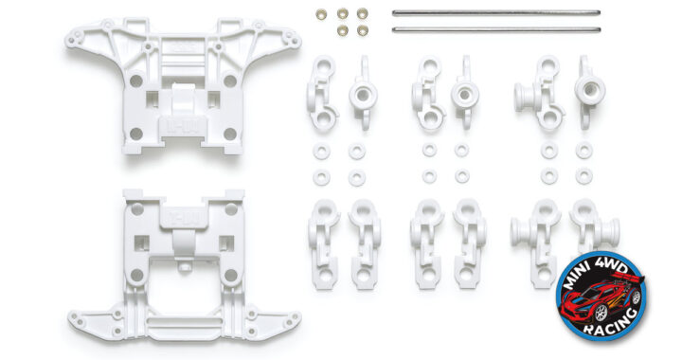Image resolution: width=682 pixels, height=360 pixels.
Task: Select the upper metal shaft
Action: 496,13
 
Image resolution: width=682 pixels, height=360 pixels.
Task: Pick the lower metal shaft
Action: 496,29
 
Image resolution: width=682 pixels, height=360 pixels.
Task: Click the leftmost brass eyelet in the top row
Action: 321,14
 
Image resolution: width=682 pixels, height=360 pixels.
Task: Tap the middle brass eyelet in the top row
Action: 342,13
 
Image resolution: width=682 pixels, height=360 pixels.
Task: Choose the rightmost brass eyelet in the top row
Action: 362,13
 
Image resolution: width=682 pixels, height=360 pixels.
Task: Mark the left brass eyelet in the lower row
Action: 342,30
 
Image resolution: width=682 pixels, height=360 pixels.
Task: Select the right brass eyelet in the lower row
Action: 362,30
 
